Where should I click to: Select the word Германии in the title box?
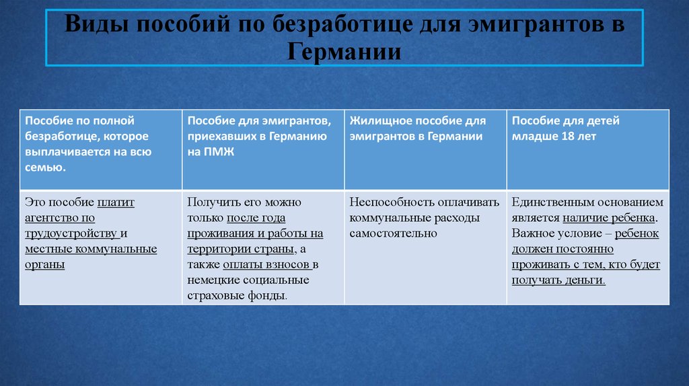coord(344,52)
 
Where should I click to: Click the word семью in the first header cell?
coord(44,167)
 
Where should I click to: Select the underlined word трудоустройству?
coord(71,233)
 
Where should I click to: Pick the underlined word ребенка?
coord(630,218)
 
